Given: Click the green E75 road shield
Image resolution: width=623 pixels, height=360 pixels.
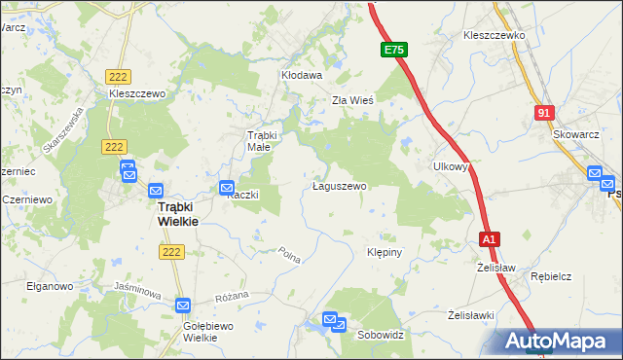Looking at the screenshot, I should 393,49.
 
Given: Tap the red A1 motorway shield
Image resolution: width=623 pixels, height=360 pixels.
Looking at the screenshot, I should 489,238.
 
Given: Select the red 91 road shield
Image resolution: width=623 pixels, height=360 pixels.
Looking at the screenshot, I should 544,114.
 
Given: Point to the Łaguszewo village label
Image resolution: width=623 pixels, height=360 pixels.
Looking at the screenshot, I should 339,185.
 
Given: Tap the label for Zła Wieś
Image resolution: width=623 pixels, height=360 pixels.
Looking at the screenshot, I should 353,99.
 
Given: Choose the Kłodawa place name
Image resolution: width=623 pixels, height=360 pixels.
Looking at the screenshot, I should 302,74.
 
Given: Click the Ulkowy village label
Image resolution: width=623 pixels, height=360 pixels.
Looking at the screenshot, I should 452,166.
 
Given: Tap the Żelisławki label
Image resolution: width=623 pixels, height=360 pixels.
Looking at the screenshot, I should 472,315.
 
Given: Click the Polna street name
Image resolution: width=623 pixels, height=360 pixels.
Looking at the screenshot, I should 289,256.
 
